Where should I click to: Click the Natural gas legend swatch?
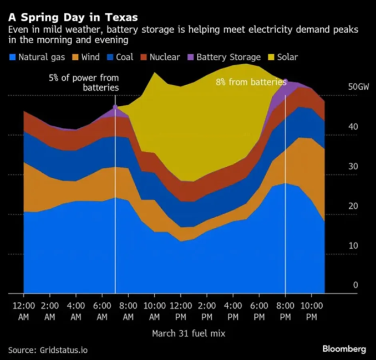tap(13, 57)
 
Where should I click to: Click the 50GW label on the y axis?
tap(358, 88)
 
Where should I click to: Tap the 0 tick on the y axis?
tap(355, 286)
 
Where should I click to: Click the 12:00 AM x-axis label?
tap(24, 311)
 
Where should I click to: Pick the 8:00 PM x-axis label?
tap(286, 311)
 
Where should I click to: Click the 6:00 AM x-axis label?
tap(101, 311)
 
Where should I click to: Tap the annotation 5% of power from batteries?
tap(83, 82)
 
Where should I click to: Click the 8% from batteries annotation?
tap(251, 82)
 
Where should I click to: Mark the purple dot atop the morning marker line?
tap(115, 107)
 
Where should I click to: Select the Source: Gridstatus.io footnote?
tap(48, 349)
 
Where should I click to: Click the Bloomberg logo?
tap(344, 349)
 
